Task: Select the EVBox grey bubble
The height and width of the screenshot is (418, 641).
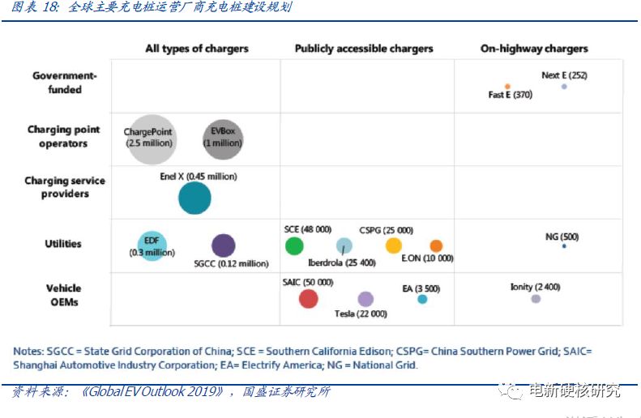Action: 222,137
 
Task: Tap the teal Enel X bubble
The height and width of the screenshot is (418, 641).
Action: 194,198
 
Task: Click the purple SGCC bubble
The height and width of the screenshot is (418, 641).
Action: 223,245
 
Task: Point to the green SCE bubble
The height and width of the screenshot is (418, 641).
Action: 294,245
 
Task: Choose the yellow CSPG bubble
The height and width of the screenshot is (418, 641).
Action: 394,245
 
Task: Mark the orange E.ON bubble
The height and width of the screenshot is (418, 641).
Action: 436,245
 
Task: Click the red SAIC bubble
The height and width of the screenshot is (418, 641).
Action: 309,298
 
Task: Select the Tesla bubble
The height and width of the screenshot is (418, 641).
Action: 365,299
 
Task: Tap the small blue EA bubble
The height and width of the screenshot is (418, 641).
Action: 422,299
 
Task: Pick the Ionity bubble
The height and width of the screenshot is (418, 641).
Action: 536,299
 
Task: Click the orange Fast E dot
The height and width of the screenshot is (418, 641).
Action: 507,86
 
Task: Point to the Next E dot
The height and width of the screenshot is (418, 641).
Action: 564,86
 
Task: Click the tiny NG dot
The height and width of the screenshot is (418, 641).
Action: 563,246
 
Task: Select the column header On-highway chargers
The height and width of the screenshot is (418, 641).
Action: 534,49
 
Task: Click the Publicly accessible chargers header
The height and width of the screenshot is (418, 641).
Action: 364,49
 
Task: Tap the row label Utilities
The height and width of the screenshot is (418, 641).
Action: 63,244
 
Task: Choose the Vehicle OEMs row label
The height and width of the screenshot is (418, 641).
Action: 63,295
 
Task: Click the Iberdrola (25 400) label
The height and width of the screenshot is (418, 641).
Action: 342,262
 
